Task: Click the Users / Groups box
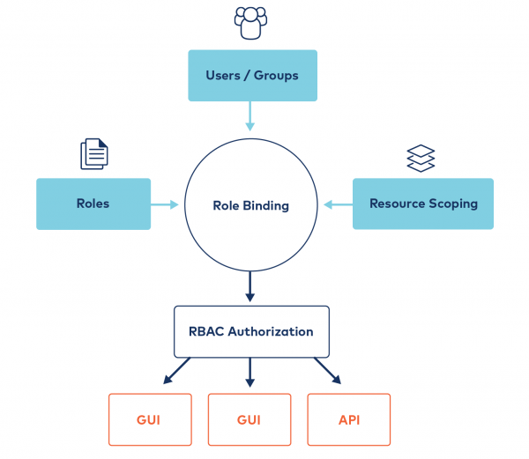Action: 251,75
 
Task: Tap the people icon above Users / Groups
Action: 250,23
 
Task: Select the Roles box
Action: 93,204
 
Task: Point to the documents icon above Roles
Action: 94,153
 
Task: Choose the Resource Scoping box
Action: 423,204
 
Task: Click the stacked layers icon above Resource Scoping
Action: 421,158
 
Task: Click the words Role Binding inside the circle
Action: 251,205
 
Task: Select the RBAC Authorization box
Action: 251,332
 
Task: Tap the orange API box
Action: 348,419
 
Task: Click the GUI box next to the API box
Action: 250,419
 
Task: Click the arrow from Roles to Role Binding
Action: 166,204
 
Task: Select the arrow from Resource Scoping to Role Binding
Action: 337,204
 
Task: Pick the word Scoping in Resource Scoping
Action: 453,204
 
